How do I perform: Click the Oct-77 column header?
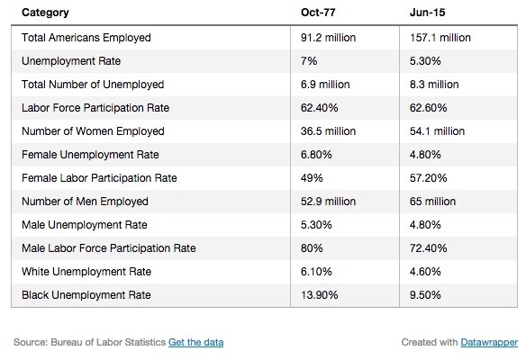318,13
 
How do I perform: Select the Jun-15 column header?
427,13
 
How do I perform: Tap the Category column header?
45,13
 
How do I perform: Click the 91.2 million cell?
328,38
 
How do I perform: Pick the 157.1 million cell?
440,38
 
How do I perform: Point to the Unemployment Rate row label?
71,61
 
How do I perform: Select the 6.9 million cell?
325,85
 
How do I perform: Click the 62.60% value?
429,108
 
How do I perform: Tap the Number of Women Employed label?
93,131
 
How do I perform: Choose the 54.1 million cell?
437,131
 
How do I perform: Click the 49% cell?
312,178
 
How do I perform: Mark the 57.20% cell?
429,178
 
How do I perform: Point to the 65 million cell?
432,202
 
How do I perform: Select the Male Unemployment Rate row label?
85,225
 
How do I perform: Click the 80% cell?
312,248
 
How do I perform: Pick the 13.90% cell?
320,295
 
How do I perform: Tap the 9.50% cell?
425,295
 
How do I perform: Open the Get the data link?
196,342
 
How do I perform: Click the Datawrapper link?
489,342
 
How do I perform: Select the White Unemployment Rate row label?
86,272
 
